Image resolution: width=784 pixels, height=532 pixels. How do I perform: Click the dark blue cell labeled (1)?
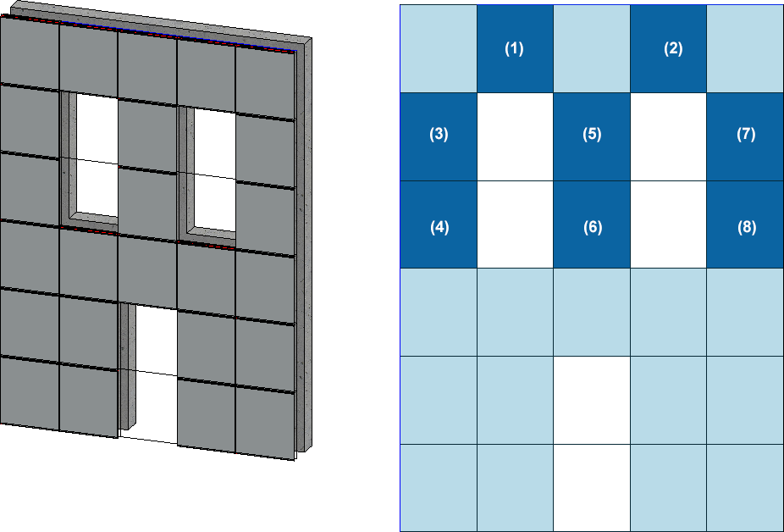pyautogui.click(x=515, y=49)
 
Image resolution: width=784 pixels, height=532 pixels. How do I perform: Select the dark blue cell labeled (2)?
pyautogui.click(x=669, y=49)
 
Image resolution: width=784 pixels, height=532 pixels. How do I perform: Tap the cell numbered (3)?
pyautogui.click(x=439, y=136)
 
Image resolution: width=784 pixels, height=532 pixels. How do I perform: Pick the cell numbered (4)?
pyautogui.click(x=439, y=224)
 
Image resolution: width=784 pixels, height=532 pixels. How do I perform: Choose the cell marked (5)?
pyautogui.click(x=592, y=136)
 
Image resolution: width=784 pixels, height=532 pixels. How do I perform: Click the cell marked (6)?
pyautogui.click(x=592, y=224)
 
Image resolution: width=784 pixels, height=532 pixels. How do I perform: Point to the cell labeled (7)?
pyautogui.click(x=746, y=136)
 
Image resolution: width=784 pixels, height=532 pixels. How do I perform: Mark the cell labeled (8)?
pyautogui.click(x=746, y=224)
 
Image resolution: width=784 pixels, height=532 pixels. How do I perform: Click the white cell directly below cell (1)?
pyautogui.click(x=515, y=136)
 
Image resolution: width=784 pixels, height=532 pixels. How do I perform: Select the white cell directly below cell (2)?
pyautogui.click(x=669, y=136)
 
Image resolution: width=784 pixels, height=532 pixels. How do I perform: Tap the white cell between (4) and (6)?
pyautogui.click(x=515, y=224)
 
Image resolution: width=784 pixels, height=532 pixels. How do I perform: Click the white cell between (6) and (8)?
pyautogui.click(x=669, y=224)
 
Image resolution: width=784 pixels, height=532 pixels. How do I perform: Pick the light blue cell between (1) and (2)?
pyautogui.click(x=592, y=49)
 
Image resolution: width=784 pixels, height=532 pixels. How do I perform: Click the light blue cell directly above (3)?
pyautogui.click(x=439, y=49)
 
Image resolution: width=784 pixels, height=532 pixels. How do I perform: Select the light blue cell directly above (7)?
pyautogui.click(x=746, y=49)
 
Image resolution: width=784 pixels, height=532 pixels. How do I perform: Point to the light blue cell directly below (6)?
pyautogui.click(x=592, y=313)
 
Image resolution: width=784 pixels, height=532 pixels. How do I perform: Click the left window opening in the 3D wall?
pyautogui.click(x=97, y=156)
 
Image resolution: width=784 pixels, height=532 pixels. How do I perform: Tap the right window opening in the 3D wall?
pyautogui.click(x=214, y=170)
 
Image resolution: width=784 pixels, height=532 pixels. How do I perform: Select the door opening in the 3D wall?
pyautogui.click(x=156, y=373)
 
